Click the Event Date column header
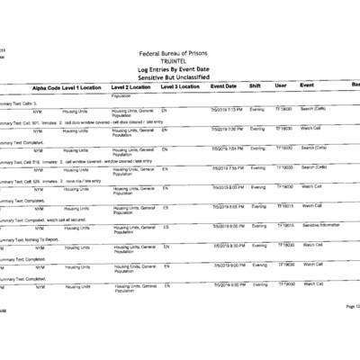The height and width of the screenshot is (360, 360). pos(223,85)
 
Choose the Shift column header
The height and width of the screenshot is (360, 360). pos(255,85)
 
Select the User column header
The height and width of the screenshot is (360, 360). pos(281,85)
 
